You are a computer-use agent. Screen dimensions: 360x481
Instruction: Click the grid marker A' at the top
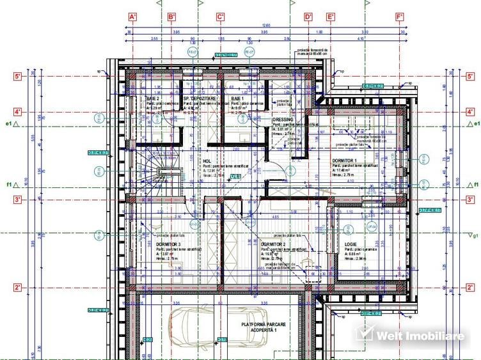(133, 17)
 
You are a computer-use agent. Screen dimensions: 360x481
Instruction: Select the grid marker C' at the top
(220, 17)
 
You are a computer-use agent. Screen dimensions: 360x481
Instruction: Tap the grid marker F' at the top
(399, 17)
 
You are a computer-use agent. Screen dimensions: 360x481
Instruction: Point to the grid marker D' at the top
(308, 17)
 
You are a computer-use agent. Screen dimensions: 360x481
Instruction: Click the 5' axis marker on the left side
(18, 77)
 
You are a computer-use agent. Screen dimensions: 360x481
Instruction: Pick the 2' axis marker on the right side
(470, 288)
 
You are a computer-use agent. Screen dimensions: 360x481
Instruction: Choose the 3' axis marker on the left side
(18, 200)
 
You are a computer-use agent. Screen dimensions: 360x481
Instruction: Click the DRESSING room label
(282, 120)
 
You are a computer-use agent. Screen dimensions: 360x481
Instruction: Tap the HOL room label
(207, 162)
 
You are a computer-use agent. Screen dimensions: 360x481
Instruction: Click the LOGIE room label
(351, 244)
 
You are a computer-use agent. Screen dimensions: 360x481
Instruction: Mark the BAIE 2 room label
(152, 98)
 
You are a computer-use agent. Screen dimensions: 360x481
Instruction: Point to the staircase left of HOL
(168, 182)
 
